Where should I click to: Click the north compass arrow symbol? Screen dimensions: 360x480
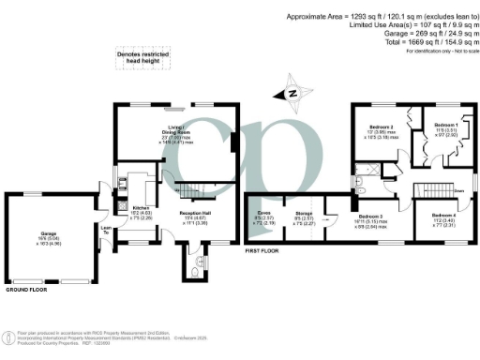click(x=291, y=92)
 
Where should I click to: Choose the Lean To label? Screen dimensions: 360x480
click(x=107, y=230)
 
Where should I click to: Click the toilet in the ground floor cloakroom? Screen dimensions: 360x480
click(x=199, y=265)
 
